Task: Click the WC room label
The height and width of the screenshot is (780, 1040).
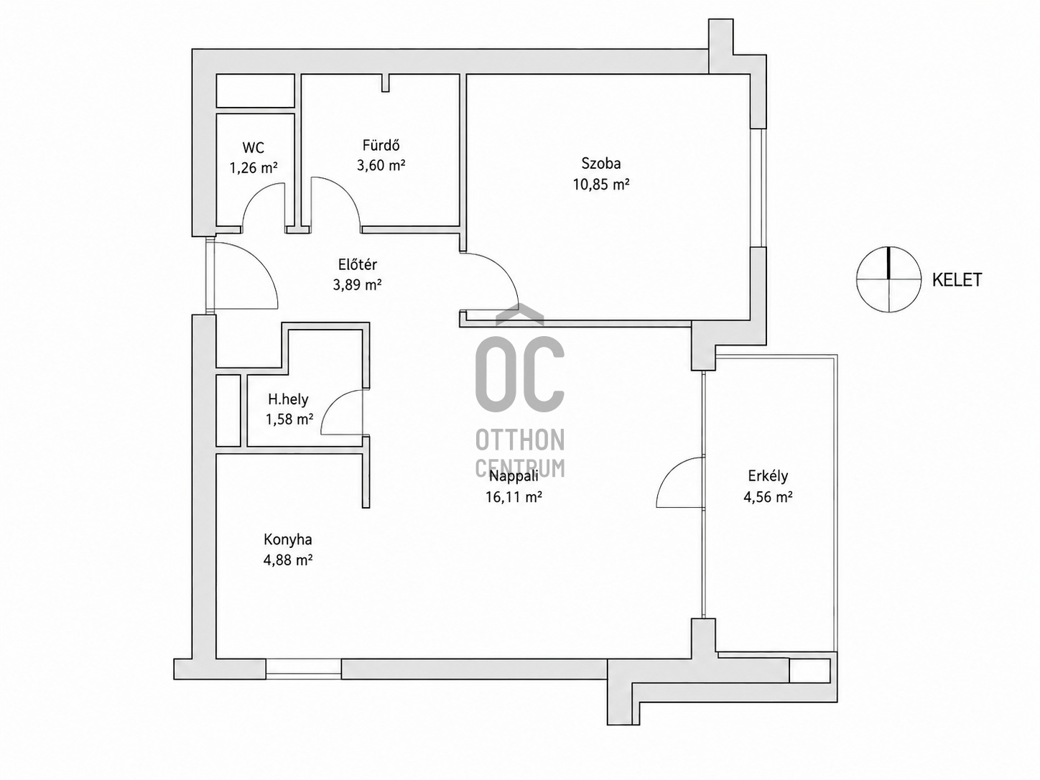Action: pos(253,148)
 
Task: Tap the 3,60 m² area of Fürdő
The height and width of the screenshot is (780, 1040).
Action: pos(381,165)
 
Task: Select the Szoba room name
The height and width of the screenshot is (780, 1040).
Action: pos(600,163)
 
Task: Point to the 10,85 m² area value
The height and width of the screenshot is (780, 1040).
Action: pos(600,184)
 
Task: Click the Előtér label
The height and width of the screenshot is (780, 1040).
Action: pos(358,264)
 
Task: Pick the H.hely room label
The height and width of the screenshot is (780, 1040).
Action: pos(288,399)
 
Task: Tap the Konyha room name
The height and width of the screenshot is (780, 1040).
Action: pos(287,539)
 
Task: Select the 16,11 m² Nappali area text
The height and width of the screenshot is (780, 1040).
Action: pos(514,497)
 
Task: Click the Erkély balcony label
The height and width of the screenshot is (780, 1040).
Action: pos(768,476)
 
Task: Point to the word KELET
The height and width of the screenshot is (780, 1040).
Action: pos(957,280)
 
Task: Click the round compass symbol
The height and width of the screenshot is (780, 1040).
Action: pos(889,279)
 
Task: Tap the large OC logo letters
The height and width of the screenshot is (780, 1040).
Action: pos(520,373)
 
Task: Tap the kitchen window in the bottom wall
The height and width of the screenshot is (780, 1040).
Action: pos(303,669)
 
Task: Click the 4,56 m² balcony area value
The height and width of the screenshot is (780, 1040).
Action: pos(768,497)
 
